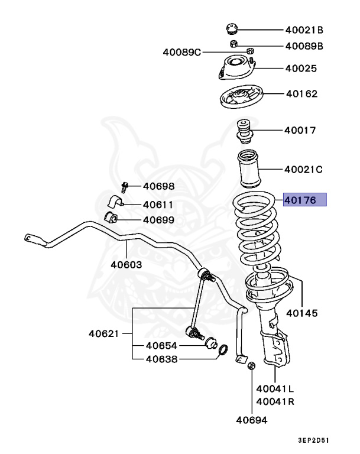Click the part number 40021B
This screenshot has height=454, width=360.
pos(304,30)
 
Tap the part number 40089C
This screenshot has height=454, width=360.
pos(182,52)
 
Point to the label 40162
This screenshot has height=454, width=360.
pos(301,93)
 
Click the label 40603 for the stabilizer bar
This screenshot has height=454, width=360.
pos(126,264)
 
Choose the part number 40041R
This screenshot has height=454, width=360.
pos(275,401)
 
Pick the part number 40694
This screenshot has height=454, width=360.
pos(252,420)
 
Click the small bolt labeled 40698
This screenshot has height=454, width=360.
pos(124,187)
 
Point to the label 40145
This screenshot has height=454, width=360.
pos(301,312)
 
